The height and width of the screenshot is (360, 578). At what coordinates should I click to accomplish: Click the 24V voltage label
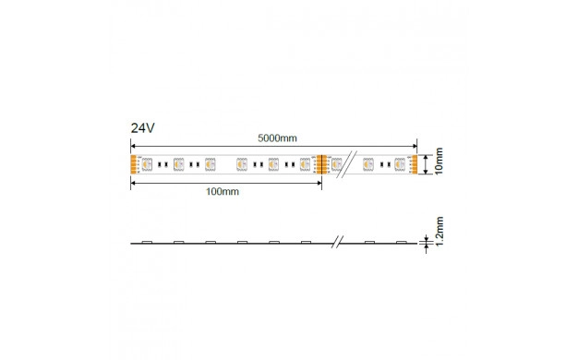pyautogui.click(x=143, y=128)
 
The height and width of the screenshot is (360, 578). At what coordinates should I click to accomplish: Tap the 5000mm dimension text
pyautogui.click(x=277, y=138)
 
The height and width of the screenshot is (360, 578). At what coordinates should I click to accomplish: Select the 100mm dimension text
pyautogui.click(x=223, y=192)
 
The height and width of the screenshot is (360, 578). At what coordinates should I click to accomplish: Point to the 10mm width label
pyautogui.click(x=439, y=162)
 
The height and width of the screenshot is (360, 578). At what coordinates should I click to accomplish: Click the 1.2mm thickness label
pyautogui.click(x=439, y=231)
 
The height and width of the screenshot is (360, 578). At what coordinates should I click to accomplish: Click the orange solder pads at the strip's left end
pyautogui.click(x=133, y=164)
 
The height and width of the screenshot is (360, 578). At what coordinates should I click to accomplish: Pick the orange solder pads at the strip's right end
pyautogui.click(x=415, y=164)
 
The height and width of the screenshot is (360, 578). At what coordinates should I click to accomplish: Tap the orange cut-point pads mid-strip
pyautogui.click(x=321, y=164)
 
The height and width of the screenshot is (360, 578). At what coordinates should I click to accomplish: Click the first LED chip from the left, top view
pyautogui.click(x=147, y=164)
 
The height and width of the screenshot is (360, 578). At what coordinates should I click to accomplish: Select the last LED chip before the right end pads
pyautogui.click(x=400, y=164)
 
